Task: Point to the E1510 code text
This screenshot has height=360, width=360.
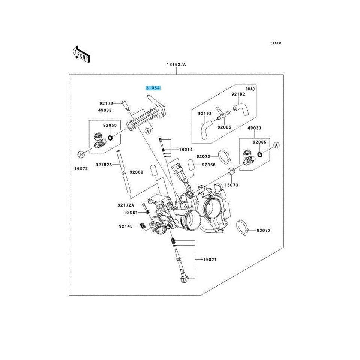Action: click(x=276, y=43)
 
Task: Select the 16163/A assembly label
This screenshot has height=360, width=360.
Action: click(x=176, y=64)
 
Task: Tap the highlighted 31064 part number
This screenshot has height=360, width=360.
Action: click(x=153, y=88)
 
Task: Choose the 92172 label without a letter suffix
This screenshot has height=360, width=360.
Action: click(x=106, y=103)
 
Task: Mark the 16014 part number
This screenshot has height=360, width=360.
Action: click(x=186, y=150)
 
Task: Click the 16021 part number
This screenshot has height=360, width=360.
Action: click(x=210, y=259)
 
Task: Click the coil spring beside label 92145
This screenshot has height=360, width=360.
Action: click(x=142, y=226)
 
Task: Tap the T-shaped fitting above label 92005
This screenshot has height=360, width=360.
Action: click(x=222, y=116)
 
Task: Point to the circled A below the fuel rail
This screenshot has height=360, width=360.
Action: click(x=147, y=131)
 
